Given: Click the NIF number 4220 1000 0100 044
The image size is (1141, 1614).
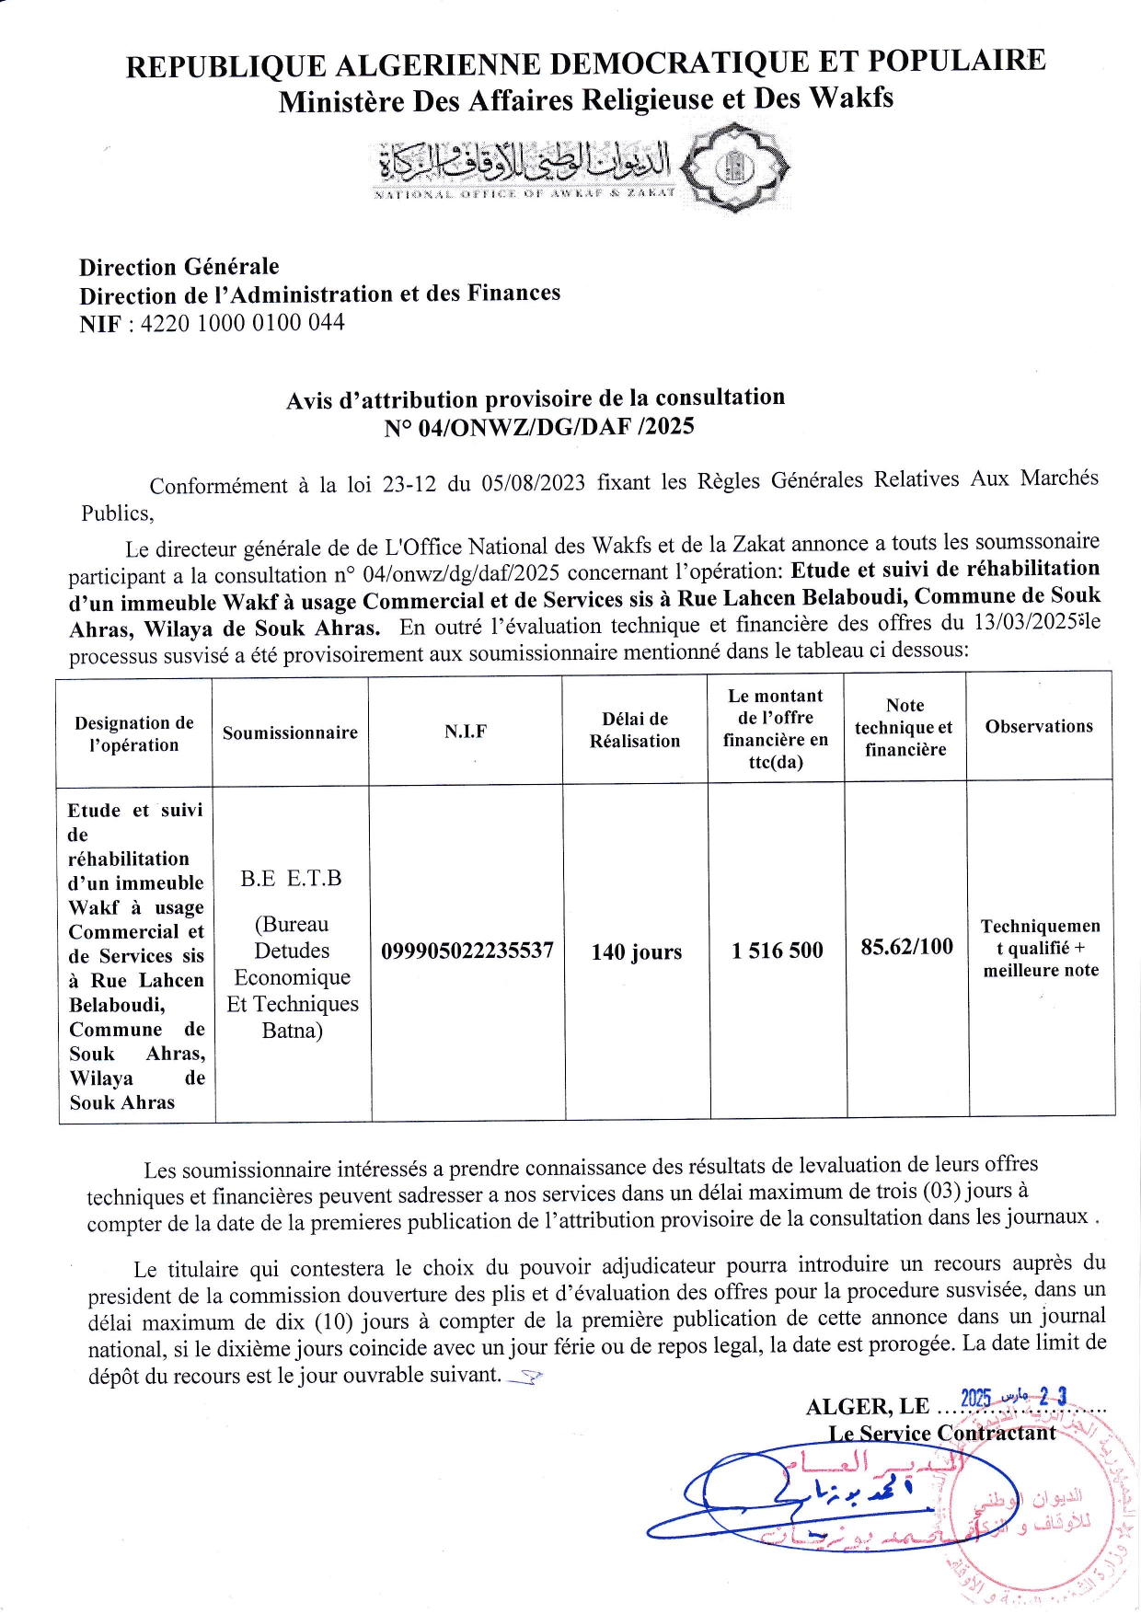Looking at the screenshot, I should tap(242, 323).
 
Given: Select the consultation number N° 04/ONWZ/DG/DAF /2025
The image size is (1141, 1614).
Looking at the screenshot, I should tap(539, 427).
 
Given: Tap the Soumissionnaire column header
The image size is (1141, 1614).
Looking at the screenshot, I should tap(290, 732).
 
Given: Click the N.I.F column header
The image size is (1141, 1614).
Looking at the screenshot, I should tap(466, 732).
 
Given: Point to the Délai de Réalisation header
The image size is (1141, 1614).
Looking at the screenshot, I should tap(635, 730).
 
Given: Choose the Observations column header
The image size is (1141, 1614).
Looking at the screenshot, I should tap(1039, 726).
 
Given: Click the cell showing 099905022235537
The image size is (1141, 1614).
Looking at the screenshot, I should tap(467, 951).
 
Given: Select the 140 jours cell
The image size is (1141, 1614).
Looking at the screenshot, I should tap(637, 951).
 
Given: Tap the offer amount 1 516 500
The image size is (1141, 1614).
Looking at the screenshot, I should tap(778, 951).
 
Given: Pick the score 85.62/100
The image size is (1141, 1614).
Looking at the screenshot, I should tap(906, 947).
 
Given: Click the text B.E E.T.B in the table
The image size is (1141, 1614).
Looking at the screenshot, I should tap(291, 879).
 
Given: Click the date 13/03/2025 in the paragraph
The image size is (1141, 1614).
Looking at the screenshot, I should tap(1025, 622).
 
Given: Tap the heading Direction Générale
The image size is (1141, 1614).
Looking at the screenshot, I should tap(179, 267).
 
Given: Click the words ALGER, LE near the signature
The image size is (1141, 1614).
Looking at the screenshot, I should tap(868, 1407).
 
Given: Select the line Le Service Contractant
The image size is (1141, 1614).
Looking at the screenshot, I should tap(941, 1433).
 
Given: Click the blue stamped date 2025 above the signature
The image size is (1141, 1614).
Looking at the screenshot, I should tap(975, 1399).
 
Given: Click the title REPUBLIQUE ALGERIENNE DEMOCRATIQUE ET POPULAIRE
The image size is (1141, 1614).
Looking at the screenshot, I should tap(585, 63).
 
